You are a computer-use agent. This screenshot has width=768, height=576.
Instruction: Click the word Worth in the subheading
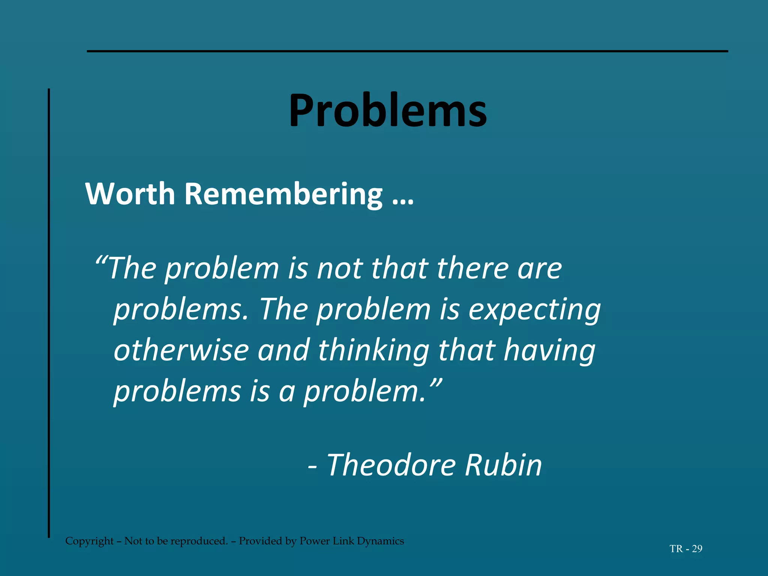tap(130, 194)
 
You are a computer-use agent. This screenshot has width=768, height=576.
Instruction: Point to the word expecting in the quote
tap(534, 310)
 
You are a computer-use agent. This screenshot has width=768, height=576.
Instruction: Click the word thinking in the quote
tap(373, 351)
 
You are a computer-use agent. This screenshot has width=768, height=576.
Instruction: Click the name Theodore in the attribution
tap(391, 465)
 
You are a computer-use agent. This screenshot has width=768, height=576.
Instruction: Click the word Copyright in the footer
tap(89, 541)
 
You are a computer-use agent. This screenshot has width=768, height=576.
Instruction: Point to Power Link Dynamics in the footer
tap(351, 541)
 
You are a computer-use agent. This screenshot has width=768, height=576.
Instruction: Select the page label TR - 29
tap(686, 549)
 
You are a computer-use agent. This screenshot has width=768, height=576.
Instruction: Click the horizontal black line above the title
tap(407, 51)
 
